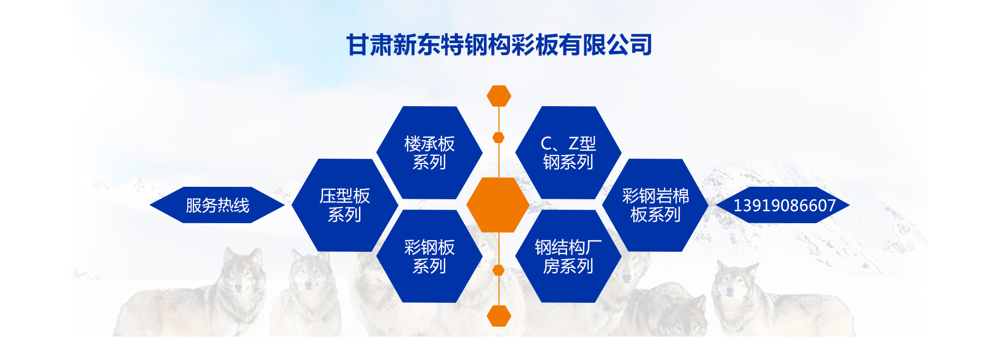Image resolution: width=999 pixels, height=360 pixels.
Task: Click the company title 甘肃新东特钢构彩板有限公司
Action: tap(499, 45)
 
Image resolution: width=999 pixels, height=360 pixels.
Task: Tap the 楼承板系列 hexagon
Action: tap(429, 152)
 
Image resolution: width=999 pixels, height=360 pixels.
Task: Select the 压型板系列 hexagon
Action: tap(344, 205)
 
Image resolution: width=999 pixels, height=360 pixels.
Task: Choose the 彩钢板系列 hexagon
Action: tap(429, 256)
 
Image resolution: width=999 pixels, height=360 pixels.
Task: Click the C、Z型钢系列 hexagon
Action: tap(568, 152)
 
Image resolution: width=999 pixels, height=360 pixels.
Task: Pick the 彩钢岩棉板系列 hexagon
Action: tap(655, 205)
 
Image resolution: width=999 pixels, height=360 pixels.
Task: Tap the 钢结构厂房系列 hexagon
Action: tap(568, 256)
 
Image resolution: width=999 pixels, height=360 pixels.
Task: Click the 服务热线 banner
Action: tap(217, 205)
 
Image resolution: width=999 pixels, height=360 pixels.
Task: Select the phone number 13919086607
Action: tap(784, 205)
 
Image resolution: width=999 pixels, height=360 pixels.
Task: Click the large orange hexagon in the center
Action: tap(498, 205)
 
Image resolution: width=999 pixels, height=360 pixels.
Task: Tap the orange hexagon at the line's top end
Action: tap(499, 96)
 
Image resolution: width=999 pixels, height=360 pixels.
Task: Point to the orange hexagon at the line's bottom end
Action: tap(499, 316)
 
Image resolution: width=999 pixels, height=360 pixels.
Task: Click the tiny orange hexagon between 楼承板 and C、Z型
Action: tap(498, 137)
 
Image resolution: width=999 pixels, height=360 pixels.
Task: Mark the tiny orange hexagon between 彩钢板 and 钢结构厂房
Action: tap(498, 270)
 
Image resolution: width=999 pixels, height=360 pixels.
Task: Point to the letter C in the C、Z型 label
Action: tap(546, 143)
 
